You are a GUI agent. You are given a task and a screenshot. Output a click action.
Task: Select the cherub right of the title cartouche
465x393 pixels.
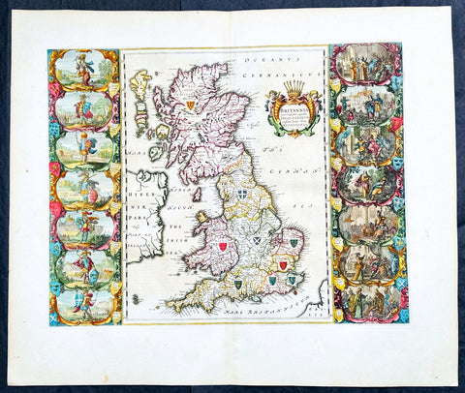(312, 106)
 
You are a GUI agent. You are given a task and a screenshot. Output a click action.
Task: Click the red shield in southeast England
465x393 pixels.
(283, 264)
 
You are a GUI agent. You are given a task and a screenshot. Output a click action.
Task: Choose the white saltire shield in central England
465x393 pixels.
(257, 239)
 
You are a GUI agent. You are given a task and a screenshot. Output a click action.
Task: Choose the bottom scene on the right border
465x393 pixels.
(366, 300)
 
